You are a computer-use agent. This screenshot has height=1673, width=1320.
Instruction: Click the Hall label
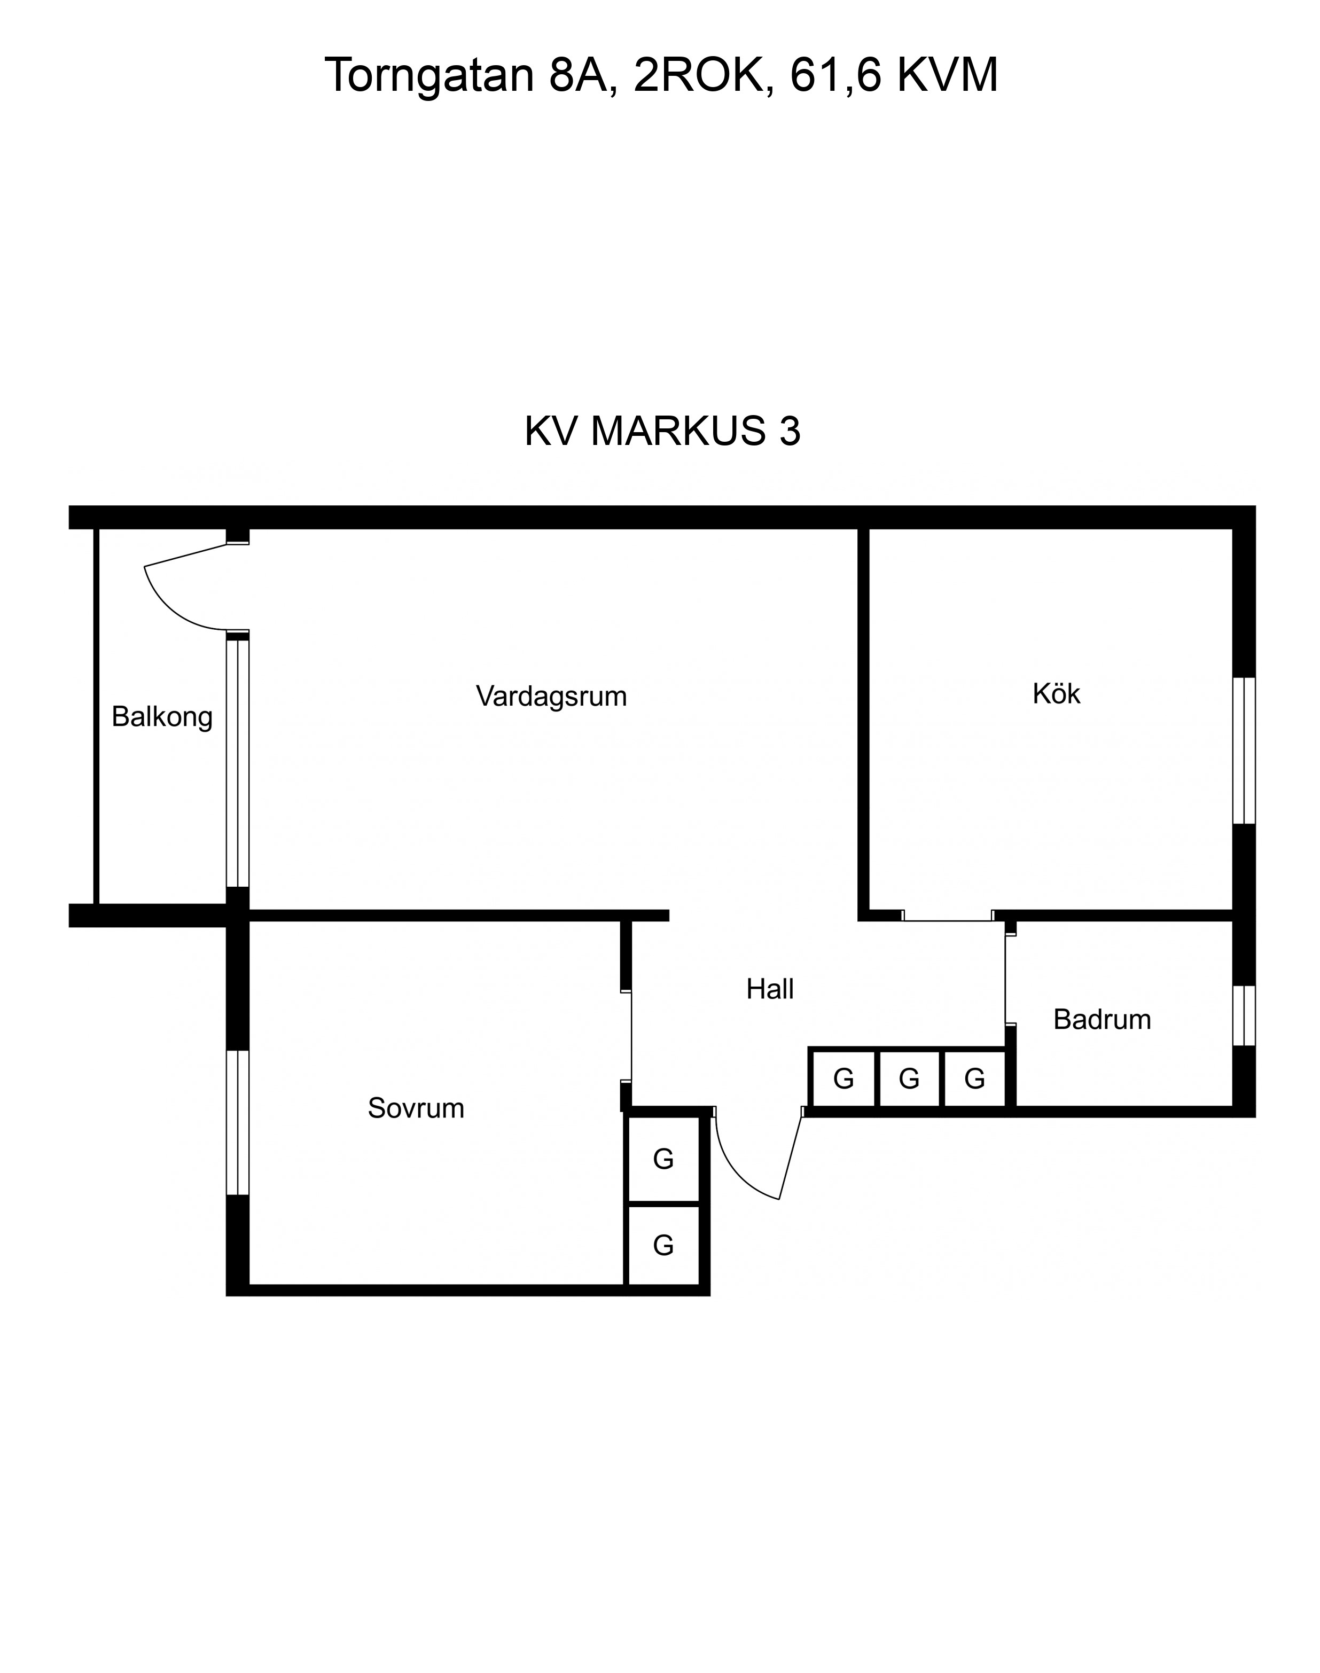[770, 989]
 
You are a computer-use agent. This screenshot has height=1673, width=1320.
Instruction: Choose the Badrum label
[1102, 1020]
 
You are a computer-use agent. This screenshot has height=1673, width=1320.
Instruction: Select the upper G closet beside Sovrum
[663, 1159]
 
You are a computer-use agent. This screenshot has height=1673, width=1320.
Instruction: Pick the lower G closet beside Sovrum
[663, 1245]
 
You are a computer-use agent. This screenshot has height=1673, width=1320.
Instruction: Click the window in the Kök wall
[1244, 750]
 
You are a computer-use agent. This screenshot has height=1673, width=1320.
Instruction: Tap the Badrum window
[1244, 1015]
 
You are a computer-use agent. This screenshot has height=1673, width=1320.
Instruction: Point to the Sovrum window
[237, 1123]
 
